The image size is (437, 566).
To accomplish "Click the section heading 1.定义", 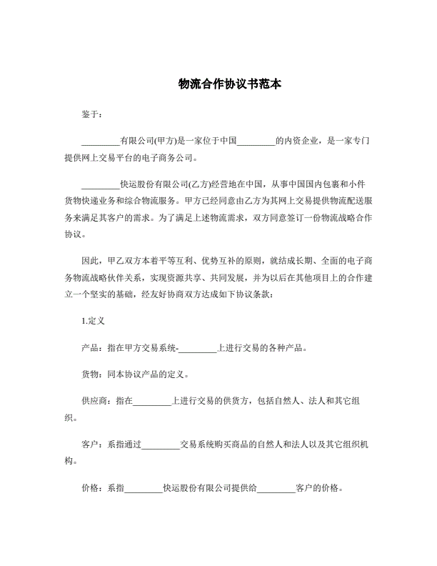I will pyautogui.click(x=94, y=322).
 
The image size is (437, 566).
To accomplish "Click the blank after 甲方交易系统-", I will pyautogui.click(x=197, y=348).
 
